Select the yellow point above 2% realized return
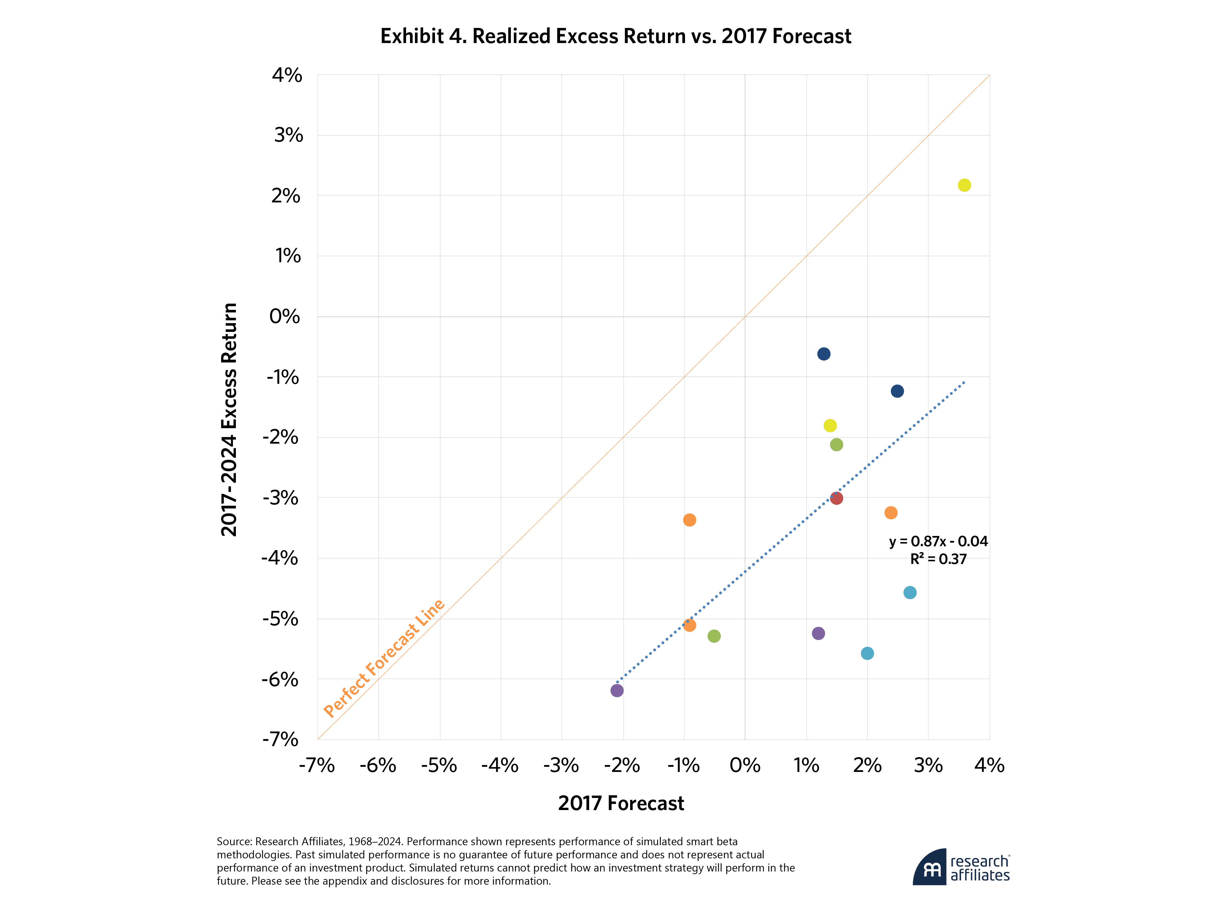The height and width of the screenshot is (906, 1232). pyautogui.click(x=964, y=185)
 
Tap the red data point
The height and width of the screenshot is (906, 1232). pyautogui.click(x=836, y=498)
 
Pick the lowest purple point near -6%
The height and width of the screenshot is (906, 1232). pyautogui.click(x=617, y=690)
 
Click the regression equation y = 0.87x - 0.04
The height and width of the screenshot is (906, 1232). pyautogui.click(x=938, y=541)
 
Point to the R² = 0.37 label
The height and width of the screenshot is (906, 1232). pyautogui.click(x=938, y=559)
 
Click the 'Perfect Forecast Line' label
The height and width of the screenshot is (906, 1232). pyautogui.click(x=384, y=658)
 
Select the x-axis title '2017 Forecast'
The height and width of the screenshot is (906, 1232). pyautogui.click(x=621, y=803)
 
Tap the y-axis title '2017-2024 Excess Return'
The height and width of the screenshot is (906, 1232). pyautogui.click(x=229, y=420)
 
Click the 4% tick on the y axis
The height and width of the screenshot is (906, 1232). pyautogui.click(x=287, y=75)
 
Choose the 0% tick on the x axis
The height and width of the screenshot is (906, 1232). pyautogui.click(x=744, y=765)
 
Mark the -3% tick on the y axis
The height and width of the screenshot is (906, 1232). pyautogui.click(x=281, y=498)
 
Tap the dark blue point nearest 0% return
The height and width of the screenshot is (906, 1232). pyautogui.click(x=824, y=354)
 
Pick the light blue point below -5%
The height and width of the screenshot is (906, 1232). pyautogui.click(x=867, y=653)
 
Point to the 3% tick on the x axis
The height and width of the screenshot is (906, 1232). pyautogui.click(x=928, y=765)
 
